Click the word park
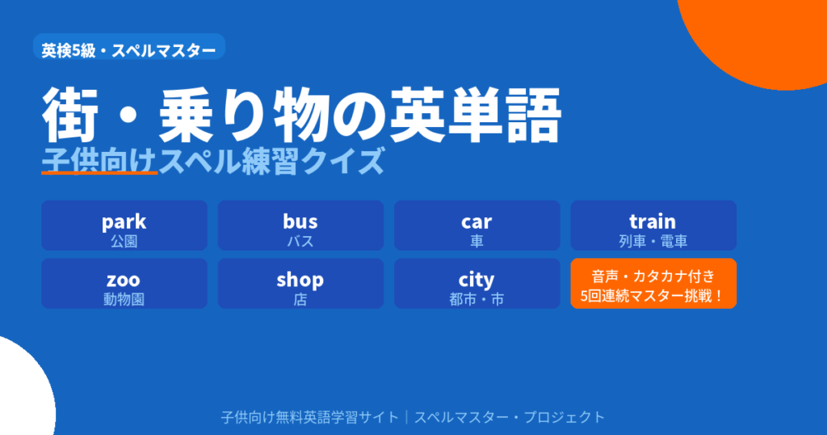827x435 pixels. pos(124,221)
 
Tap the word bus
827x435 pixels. pos(300,221)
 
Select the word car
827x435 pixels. pos(476,221)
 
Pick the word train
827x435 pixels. pos(653,221)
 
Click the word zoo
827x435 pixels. pos(124,280)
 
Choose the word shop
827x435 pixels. pos(300,280)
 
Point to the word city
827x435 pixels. pos(476,280)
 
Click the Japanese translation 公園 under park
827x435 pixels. pos(124,240)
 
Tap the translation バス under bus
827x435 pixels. pos(300,240)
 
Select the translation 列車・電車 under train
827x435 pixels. pos(653,240)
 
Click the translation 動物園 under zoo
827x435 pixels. pos(124,298)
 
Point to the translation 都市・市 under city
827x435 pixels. pos(476,298)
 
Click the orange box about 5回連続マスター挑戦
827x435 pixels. pos(653,284)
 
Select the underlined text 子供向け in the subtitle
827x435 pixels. pos(99,161)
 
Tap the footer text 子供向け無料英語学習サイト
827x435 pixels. pos(309,417)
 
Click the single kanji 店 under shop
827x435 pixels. pos(300,298)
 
